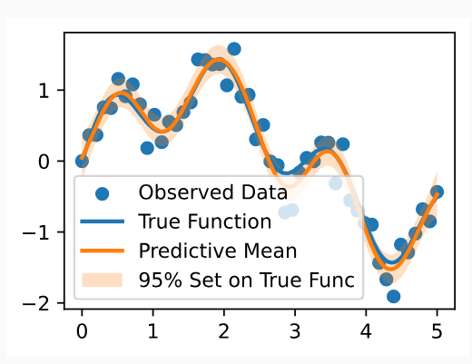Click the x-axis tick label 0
click(x=82, y=331)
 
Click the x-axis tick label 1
click(x=152, y=331)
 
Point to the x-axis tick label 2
click(x=223, y=331)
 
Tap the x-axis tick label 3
click(x=295, y=331)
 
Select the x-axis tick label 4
click(x=366, y=331)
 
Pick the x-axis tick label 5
click(x=437, y=331)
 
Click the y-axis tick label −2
click(x=35, y=303)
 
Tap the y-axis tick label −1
click(x=35, y=232)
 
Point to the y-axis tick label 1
click(x=44, y=90)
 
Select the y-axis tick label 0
click(x=44, y=162)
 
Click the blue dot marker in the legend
click(x=102, y=193)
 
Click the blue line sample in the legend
click(x=102, y=221)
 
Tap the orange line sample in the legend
click(x=102, y=251)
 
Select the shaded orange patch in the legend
click(x=102, y=280)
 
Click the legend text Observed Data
click(x=212, y=192)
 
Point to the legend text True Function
click(x=205, y=221)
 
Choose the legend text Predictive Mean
click(x=218, y=251)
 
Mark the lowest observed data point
click(x=393, y=296)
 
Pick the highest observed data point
click(x=234, y=49)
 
